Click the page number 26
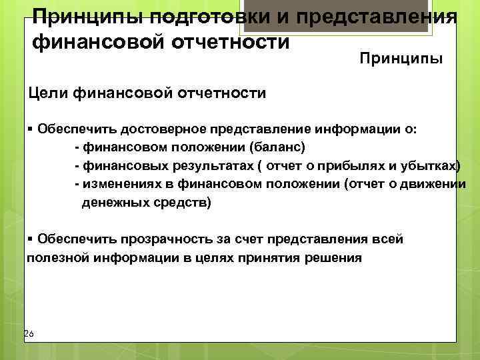point(28,333)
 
